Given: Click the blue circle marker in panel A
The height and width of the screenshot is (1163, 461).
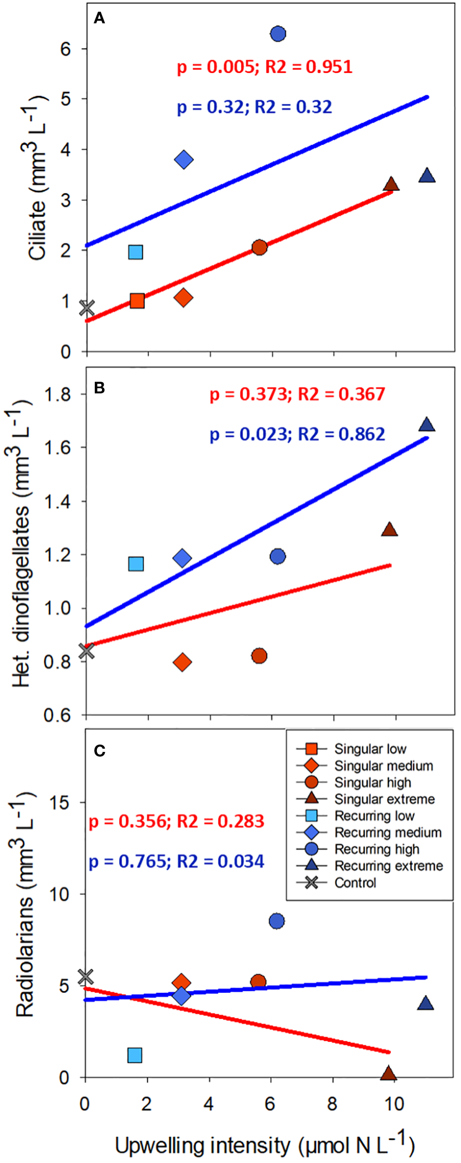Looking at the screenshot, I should point(278,34).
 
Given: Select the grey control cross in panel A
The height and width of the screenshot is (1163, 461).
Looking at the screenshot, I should point(86,307).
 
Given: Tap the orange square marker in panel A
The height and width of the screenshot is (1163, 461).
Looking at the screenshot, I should point(137,301).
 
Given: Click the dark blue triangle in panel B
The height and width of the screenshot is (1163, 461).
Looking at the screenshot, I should point(426,425).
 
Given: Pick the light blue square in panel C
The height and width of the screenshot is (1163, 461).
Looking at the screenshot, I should point(135,1055).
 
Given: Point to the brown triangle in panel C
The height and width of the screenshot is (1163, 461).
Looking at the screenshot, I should point(389,1074).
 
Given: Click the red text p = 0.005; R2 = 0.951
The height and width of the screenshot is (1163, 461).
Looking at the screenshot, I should point(264,67).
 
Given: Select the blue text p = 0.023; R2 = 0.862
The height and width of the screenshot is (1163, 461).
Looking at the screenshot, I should point(297,434).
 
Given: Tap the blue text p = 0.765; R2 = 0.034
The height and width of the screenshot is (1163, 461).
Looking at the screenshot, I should point(176,861).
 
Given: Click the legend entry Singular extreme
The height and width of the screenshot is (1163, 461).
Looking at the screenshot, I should point(384,799).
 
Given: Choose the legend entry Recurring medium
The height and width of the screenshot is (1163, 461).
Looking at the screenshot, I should point(387,833).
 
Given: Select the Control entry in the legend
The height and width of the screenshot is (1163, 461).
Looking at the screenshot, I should point(355,883).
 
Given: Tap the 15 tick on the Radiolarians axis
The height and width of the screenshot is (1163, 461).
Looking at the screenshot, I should point(61,803).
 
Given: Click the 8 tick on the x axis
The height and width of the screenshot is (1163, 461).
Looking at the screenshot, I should point(332,1104).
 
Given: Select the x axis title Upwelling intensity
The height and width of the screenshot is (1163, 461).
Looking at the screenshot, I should point(264,1145).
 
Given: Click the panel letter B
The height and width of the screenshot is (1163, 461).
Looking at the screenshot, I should point(100,388).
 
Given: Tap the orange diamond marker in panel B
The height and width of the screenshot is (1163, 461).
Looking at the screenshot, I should point(182,662).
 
